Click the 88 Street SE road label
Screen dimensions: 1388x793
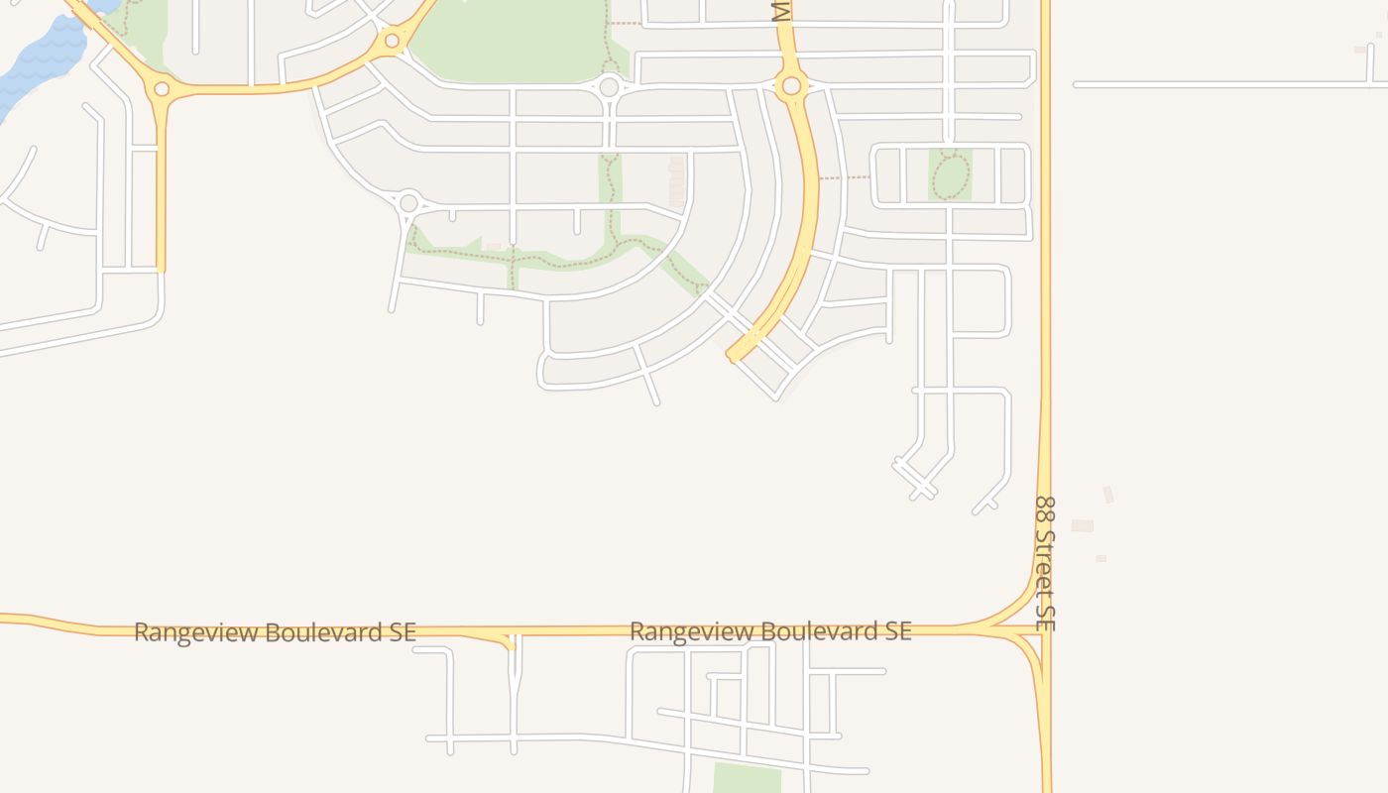(x=1046, y=563)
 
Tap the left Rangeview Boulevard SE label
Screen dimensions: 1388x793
(x=275, y=632)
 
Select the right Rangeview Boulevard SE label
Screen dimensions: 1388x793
(x=770, y=631)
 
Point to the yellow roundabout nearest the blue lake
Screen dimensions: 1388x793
(x=162, y=89)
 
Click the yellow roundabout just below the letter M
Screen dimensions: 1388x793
(x=791, y=86)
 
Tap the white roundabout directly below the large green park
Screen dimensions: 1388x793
(x=609, y=87)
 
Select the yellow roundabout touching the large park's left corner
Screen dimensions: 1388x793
(x=392, y=41)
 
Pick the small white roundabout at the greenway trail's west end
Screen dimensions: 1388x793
(x=408, y=203)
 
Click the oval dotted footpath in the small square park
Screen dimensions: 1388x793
(x=950, y=176)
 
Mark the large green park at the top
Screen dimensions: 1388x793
(x=511, y=40)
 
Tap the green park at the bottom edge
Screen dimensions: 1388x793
(x=747, y=778)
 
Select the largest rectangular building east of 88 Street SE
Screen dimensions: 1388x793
(x=1082, y=525)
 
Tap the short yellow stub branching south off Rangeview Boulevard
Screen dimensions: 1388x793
(x=510, y=643)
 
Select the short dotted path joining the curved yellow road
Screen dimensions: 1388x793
(x=844, y=178)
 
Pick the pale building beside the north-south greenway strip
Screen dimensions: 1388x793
(x=677, y=181)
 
